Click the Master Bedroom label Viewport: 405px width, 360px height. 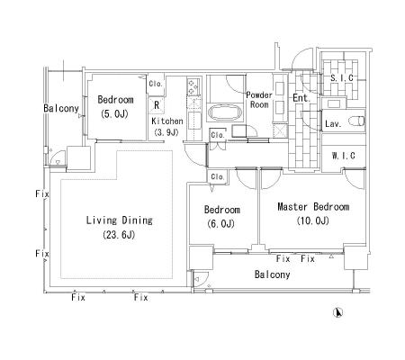point(313,207)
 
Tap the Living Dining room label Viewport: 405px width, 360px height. point(120,220)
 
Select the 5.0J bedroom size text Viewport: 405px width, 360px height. point(115,114)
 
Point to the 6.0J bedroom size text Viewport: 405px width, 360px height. point(221,223)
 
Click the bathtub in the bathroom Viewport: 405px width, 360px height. point(225,112)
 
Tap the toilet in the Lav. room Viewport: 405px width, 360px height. point(356,121)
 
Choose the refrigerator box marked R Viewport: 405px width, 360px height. point(157,105)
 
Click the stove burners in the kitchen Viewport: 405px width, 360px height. point(193,86)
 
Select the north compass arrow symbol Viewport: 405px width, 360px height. point(337,312)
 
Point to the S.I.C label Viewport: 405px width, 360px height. point(342,78)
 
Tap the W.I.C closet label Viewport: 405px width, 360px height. point(344,156)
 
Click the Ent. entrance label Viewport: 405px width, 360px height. point(301,98)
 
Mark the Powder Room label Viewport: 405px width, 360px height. point(259,100)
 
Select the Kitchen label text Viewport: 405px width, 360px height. point(167,121)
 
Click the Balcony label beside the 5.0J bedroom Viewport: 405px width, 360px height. point(61,108)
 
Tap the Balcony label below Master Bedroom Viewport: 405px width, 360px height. point(272,274)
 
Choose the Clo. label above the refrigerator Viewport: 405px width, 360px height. point(156,84)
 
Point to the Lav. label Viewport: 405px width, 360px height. point(333,123)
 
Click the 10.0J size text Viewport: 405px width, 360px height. point(313,220)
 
